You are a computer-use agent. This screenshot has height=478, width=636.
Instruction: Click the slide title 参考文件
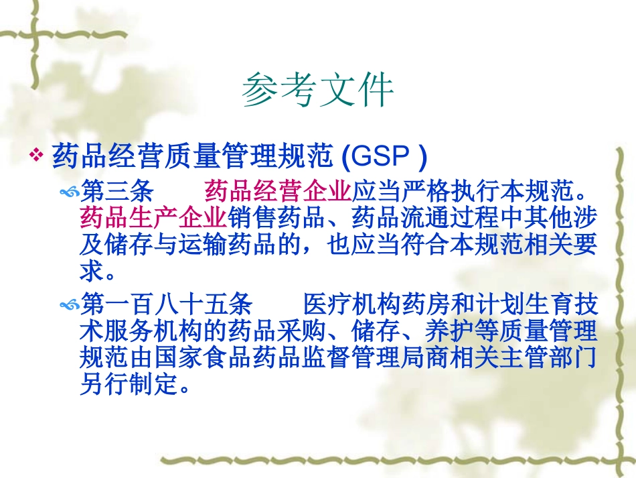click(x=317, y=91)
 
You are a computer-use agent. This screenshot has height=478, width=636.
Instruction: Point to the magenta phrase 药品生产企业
click(x=153, y=218)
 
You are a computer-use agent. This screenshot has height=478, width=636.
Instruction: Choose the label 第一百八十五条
click(x=166, y=305)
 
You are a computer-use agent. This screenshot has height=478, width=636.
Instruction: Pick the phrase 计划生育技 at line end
click(x=536, y=305)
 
